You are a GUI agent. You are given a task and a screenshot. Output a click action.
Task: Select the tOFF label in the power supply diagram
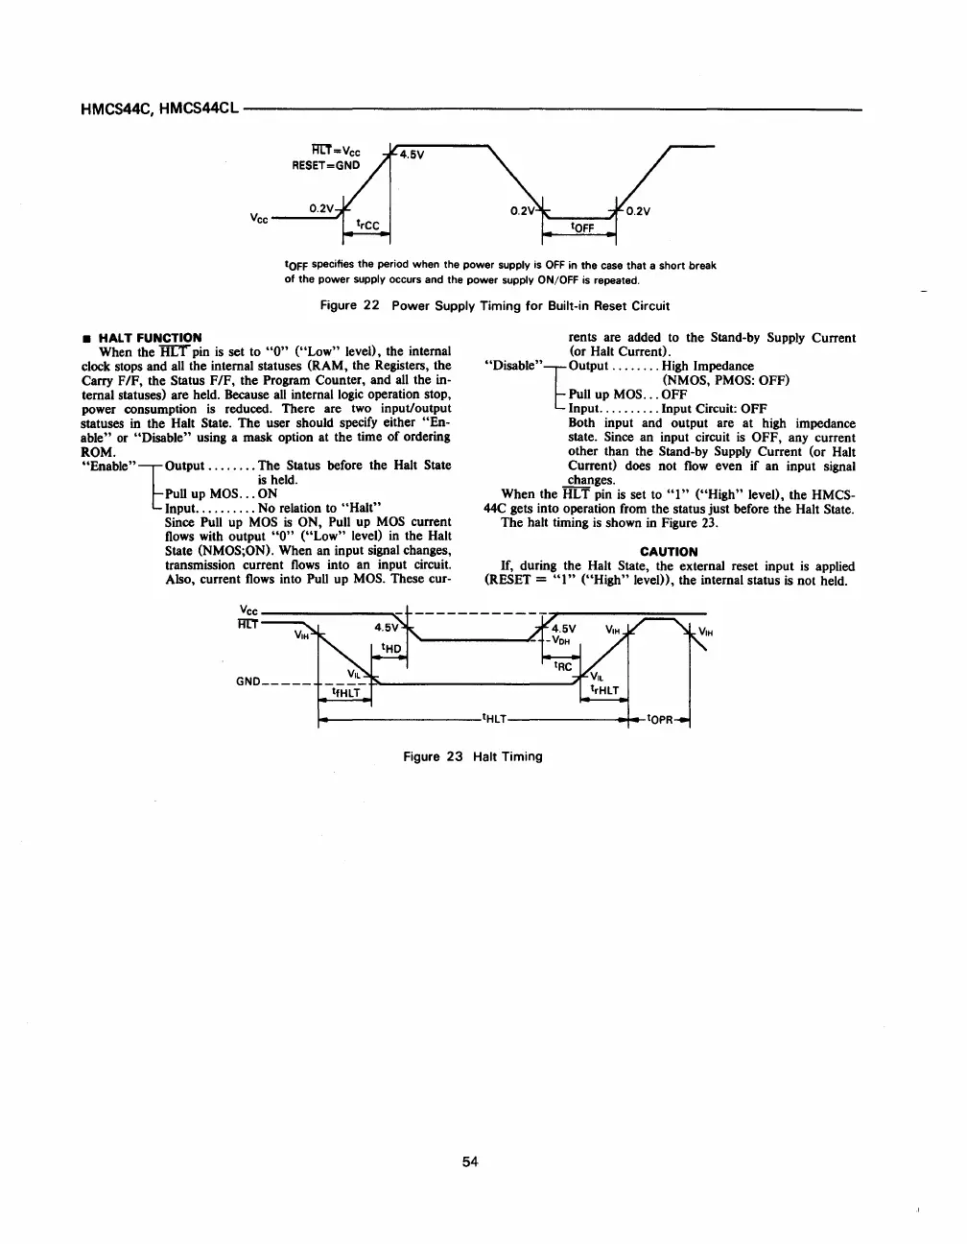(583, 227)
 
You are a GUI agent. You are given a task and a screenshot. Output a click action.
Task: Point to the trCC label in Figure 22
(367, 226)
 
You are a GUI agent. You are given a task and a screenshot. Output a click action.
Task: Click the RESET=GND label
(326, 164)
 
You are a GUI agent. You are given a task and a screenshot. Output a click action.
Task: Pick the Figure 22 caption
(494, 306)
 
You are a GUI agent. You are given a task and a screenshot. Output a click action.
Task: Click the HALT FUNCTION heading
(150, 338)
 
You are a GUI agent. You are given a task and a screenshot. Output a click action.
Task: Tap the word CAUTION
(669, 552)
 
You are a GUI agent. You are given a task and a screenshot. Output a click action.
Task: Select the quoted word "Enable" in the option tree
(109, 466)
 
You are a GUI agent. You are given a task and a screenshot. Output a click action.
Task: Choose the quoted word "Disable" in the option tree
(514, 366)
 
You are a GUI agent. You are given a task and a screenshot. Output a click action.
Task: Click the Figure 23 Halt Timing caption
(473, 756)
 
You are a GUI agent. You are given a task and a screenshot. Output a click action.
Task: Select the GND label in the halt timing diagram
(248, 682)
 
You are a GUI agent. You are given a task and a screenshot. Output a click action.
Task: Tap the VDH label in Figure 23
(562, 640)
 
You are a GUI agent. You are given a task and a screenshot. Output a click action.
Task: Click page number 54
(470, 1162)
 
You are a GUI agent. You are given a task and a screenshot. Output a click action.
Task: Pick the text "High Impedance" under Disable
(708, 366)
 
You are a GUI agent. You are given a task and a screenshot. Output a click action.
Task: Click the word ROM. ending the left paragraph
(99, 451)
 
